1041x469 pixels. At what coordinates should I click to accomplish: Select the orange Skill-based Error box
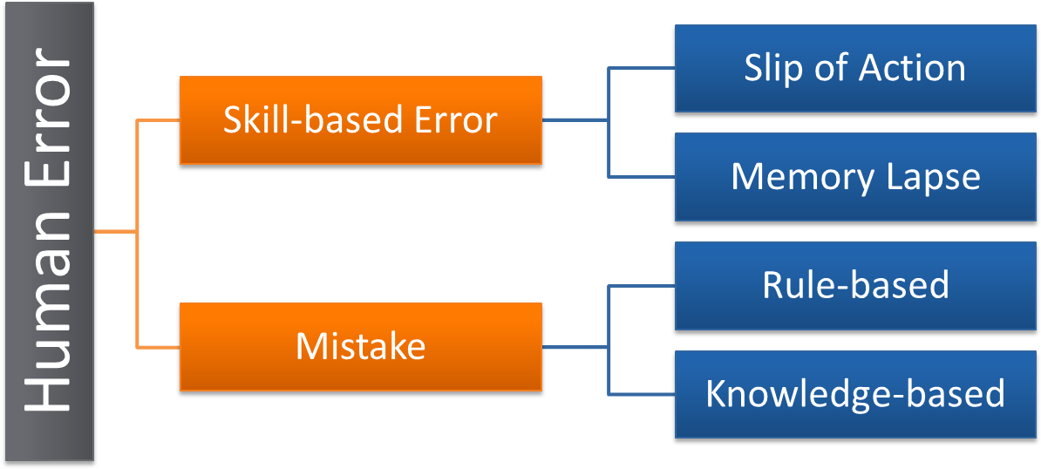pos(361,120)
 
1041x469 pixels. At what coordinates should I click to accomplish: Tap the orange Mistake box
pos(361,346)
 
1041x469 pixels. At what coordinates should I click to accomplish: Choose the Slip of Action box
pos(855,68)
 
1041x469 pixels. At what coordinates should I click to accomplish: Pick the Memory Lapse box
pos(855,177)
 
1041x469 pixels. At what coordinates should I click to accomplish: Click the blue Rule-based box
pos(855,286)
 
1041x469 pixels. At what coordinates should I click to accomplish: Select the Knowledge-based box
pos(855,394)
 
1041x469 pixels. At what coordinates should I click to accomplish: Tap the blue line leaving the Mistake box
pos(575,346)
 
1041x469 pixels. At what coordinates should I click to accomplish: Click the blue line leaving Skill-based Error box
pos(575,120)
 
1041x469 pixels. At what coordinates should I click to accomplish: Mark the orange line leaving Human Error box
pos(115,232)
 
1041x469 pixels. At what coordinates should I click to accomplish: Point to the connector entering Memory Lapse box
pos(642,177)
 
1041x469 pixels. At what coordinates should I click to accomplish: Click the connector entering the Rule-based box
pos(642,286)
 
